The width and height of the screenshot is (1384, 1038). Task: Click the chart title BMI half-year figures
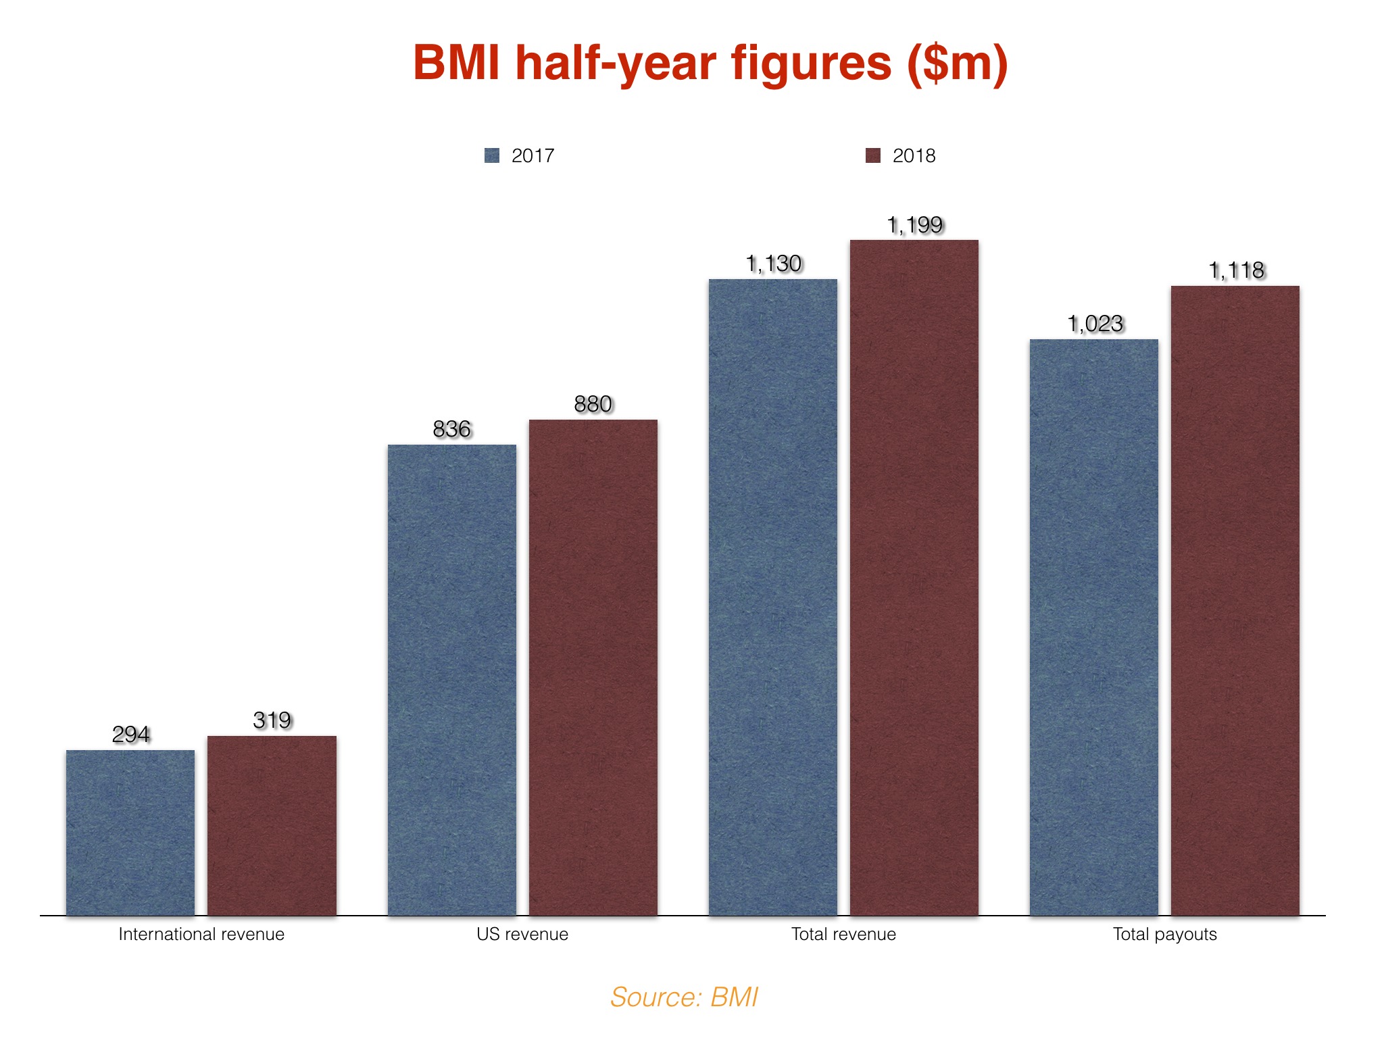710,64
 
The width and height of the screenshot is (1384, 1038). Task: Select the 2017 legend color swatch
492,156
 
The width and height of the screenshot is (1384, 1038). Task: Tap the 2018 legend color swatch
873,156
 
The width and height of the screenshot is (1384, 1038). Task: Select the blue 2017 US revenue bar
451,680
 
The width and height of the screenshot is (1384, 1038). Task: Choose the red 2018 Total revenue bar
914,578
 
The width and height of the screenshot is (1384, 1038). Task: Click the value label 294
130,734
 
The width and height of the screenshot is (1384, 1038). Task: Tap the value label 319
272,720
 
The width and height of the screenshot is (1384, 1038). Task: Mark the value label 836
451,428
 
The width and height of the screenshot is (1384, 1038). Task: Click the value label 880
593,403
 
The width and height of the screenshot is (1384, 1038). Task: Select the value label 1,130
773,263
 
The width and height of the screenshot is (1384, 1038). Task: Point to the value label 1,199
914,224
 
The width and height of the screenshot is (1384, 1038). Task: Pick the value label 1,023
1095,323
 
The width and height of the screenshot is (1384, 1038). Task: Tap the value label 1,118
1235,270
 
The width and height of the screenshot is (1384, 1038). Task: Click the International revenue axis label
201,934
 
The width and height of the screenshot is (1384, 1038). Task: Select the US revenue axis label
522,934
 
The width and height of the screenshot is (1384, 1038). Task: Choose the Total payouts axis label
1164,934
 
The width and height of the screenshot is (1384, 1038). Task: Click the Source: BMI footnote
684,997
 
